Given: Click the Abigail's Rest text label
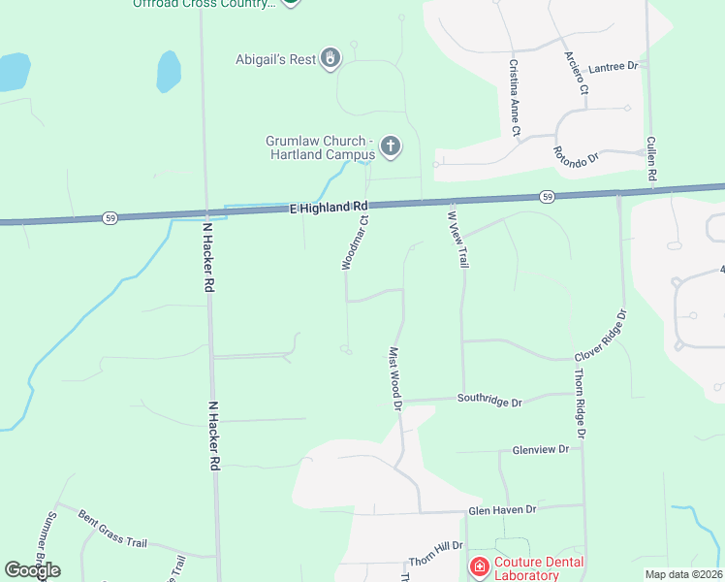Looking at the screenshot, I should coord(275,59).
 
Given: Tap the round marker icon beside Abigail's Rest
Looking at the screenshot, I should coord(331,59).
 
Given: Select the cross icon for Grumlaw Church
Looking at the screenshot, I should coord(390,147).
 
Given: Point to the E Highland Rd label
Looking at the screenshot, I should coord(330,208).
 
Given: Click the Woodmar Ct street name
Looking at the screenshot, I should coord(355,242).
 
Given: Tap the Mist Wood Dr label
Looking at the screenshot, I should coord(395,378).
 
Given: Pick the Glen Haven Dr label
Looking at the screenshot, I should coord(502,509).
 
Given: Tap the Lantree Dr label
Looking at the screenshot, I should coord(613,66).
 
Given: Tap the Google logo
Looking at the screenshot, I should coord(32,570).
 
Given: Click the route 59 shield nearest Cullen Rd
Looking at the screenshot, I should coord(548,198).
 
